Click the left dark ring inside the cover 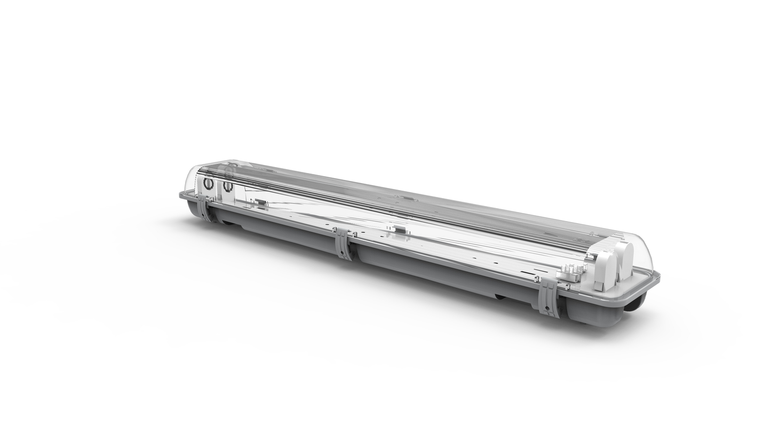point(208,184)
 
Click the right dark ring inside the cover point(228,186)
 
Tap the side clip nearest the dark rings point(205,208)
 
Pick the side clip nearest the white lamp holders point(549,298)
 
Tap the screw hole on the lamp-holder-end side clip point(547,307)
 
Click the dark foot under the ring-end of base point(227,220)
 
